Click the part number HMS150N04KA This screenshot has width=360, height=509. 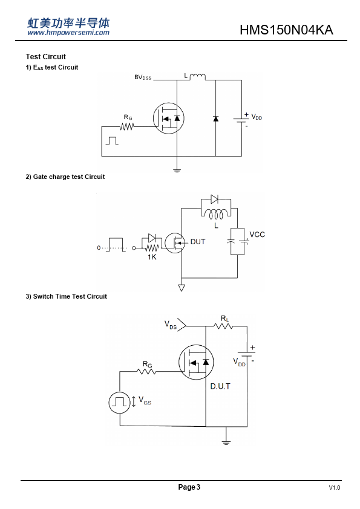[x=286, y=30]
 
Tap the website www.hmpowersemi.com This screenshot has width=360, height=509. [x=68, y=32]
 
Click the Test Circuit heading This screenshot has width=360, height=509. [x=46, y=56]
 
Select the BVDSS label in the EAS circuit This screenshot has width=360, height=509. [x=143, y=77]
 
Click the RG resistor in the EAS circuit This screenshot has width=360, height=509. [x=126, y=126]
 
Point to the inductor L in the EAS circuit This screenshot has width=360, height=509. [x=197, y=77]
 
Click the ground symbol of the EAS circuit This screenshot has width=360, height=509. [x=177, y=170]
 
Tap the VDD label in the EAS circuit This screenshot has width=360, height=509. [x=257, y=117]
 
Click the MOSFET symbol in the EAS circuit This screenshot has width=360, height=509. [x=169, y=118]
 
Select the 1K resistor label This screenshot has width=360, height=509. [x=152, y=257]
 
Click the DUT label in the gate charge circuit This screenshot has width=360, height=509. [x=198, y=242]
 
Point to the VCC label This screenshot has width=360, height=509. [x=257, y=235]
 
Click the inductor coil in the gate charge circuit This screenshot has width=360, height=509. [x=216, y=214]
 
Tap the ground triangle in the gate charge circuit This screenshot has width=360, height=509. [x=182, y=288]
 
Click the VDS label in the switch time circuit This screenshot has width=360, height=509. [x=171, y=325]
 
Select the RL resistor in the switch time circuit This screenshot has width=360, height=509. [x=223, y=326]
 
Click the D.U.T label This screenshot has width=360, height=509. [x=220, y=386]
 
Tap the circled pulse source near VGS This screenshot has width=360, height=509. [x=120, y=403]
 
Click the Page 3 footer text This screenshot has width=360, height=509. [x=189, y=487]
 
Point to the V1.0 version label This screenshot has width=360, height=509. [x=335, y=488]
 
